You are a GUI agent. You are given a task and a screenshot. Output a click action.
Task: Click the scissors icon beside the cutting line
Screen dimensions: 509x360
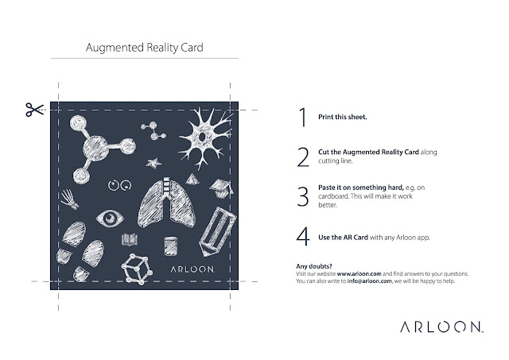(35, 110)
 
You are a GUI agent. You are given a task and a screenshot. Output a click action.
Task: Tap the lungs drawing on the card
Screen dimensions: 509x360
(166, 203)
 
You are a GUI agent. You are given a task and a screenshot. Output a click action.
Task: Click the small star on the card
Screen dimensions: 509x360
(153, 163)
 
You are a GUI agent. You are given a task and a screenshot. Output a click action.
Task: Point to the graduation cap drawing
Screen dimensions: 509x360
(221, 188)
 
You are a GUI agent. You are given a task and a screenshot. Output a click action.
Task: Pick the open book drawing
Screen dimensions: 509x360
(130, 239)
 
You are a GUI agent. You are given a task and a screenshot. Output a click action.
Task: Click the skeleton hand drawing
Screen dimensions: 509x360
(69, 199)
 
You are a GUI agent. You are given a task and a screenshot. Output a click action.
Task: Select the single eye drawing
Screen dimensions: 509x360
(110, 219)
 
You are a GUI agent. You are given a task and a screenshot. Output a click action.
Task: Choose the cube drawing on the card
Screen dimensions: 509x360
(137, 269)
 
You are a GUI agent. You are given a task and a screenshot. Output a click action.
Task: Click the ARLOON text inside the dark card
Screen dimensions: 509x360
(192, 269)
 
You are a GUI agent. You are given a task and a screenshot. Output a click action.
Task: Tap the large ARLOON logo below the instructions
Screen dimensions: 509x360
(441, 327)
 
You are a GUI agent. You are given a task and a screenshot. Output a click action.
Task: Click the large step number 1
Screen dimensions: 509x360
(303, 117)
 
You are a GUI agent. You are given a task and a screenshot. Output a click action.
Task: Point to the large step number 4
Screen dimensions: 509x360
(303, 237)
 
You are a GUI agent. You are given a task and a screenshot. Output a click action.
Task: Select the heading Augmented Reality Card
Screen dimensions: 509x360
(145, 48)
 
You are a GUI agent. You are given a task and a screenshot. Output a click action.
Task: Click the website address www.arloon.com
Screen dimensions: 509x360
(359, 273)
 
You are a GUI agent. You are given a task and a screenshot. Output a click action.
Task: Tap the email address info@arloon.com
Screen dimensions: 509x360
(369, 281)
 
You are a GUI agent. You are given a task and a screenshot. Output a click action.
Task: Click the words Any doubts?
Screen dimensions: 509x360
(314, 266)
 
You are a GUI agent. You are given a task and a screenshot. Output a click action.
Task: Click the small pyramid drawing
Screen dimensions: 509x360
(192, 180)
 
